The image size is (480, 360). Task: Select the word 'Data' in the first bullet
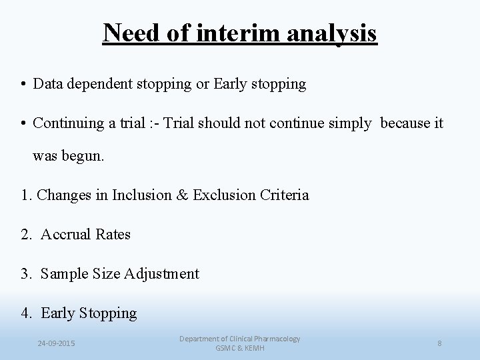[47, 84]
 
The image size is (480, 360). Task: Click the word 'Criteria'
[284, 195]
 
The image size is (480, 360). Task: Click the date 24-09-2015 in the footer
[57, 343]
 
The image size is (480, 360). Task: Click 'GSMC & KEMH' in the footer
[239, 348]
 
